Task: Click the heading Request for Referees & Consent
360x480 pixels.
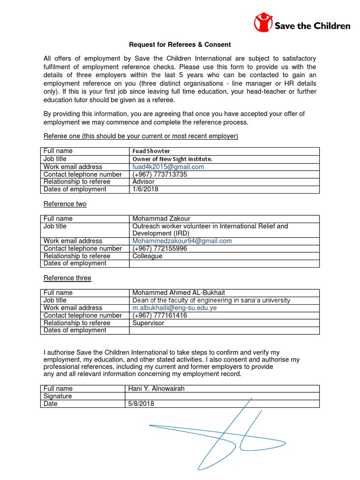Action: coord(180,45)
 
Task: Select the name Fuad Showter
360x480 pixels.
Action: coord(151,151)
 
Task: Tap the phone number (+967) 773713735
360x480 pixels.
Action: coord(160,174)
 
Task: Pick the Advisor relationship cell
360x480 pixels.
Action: coord(144,182)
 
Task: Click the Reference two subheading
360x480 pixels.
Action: coord(65,204)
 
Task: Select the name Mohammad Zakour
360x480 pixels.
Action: coord(161,219)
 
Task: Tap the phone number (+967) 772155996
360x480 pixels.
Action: coord(160,248)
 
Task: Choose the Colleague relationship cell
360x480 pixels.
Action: coord(148,256)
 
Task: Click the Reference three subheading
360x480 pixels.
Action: coord(67,278)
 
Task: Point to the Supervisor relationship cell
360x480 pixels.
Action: coord(149,323)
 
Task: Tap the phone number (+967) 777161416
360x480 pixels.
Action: coord(160,315)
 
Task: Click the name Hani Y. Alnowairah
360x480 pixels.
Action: coord(159,389)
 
